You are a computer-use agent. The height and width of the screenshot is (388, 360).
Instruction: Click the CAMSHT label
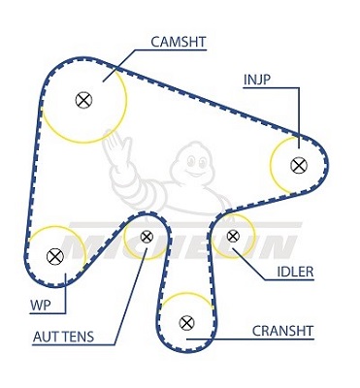coord(179,42)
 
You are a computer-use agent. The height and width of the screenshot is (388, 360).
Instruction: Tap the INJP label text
coord(256,80)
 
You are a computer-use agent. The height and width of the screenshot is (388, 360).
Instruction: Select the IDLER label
coord(295,272)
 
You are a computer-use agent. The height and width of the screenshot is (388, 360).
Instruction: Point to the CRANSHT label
coord(282,331)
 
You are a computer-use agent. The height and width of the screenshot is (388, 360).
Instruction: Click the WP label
coord(41,306)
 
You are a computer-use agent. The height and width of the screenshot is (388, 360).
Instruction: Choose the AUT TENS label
coord(63,337)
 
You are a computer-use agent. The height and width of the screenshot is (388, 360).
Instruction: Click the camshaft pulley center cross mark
coord(83,100)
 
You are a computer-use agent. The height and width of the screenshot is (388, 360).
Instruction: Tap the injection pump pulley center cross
coord(299,165)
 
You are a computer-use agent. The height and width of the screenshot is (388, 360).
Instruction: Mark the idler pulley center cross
coord(233,236)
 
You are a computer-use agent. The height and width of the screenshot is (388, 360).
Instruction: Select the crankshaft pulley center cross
coord(186,322)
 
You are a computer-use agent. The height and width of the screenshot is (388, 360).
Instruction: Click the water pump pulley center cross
coord(55,257)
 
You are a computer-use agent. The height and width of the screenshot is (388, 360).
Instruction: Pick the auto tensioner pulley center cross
coord(147,237)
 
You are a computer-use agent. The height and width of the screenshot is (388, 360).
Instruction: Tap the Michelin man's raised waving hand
coord(116,146)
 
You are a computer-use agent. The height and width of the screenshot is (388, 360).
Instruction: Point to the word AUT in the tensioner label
coord(46,337)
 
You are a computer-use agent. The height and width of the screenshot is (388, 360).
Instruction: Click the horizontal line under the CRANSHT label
coord(250,339)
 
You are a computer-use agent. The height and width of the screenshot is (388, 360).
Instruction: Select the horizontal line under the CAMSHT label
coord(171,49)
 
